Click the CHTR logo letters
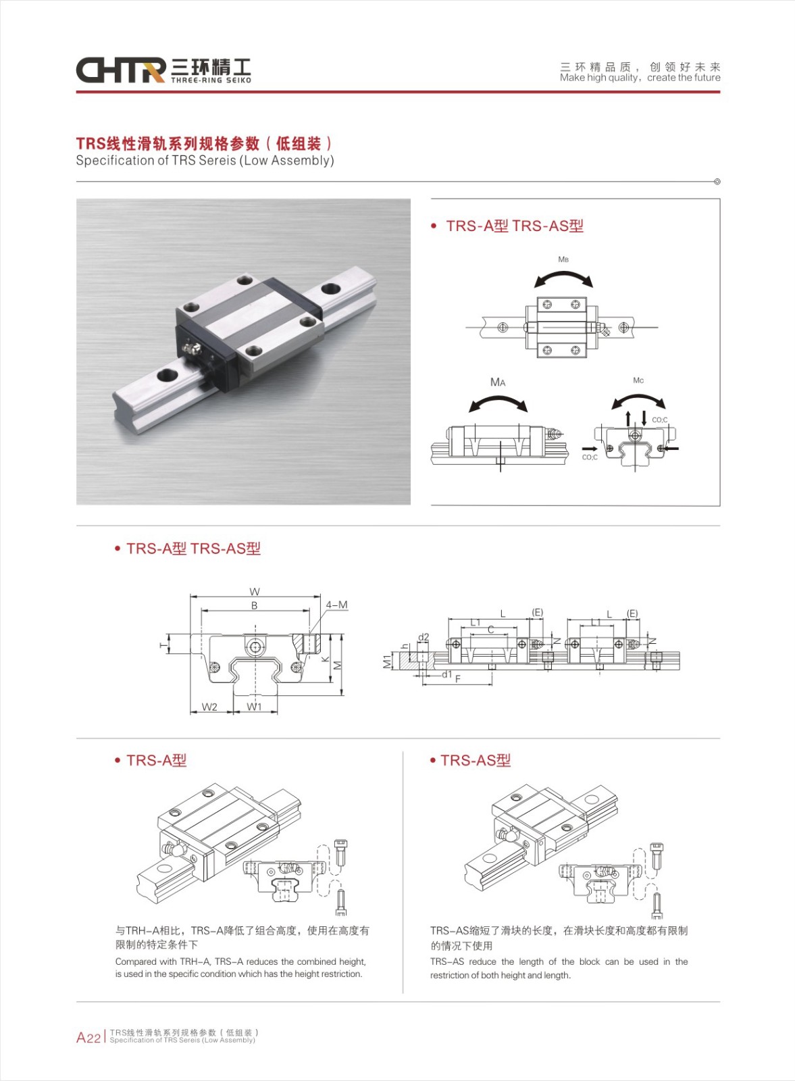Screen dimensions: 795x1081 pos(121,70)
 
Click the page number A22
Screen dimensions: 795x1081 pos(88,1037)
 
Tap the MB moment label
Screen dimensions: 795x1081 pos(563,259)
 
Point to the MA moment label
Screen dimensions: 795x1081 pos(497,382)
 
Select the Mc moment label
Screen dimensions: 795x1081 pos(638,380)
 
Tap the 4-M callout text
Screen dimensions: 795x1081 pos(337,605)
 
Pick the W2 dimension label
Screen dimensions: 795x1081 pos(209,707)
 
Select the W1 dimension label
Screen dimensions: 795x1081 pos(254,707)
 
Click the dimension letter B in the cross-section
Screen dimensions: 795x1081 pos(254,605)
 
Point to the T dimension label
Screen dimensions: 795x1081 pos(163,644)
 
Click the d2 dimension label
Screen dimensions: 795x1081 pos(423,637)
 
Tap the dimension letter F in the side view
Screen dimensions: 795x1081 pos(457,678)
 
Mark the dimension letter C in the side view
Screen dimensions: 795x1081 pos(491,629)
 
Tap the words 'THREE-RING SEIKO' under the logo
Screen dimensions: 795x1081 pos(211,80)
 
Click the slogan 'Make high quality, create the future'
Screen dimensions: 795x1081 pos(640,78)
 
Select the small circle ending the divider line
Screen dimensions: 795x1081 pos(717,182)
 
